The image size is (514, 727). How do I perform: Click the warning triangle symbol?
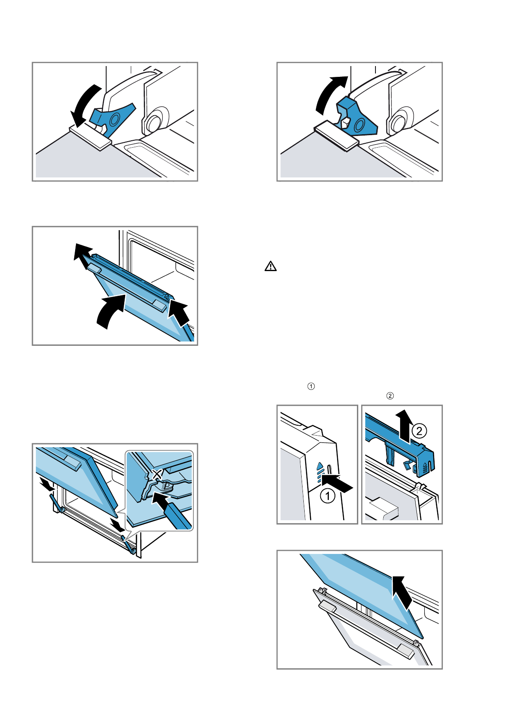(270, 266)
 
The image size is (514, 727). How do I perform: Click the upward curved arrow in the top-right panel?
(329, 93)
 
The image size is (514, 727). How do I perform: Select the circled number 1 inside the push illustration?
(328, 496)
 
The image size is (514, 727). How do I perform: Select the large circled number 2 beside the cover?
(419, 430)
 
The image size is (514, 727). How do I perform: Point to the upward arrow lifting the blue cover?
(404, 425)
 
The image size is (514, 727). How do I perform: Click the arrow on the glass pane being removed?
(403, 591)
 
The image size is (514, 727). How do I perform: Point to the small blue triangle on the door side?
(320, 466)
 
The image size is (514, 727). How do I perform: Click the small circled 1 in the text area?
(311, 386)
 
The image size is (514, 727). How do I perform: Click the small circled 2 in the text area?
(390, 395)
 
